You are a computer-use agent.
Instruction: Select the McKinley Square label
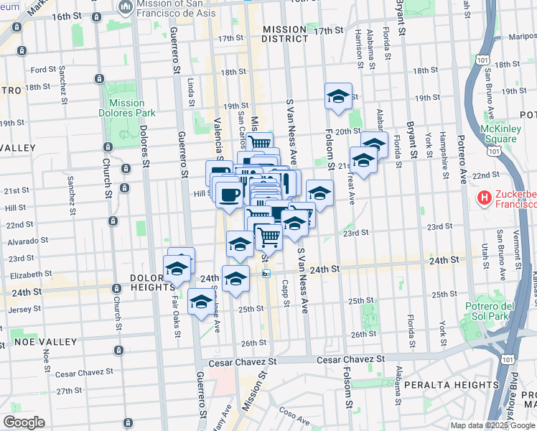click(x=500, y=134)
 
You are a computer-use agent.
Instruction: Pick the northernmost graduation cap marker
click(x=338, y=97)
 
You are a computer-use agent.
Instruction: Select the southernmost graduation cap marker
click(x=202, y=301)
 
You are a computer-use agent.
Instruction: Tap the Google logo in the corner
click(x=24, y=422)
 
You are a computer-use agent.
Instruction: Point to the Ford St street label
click(x=43, y=70)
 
